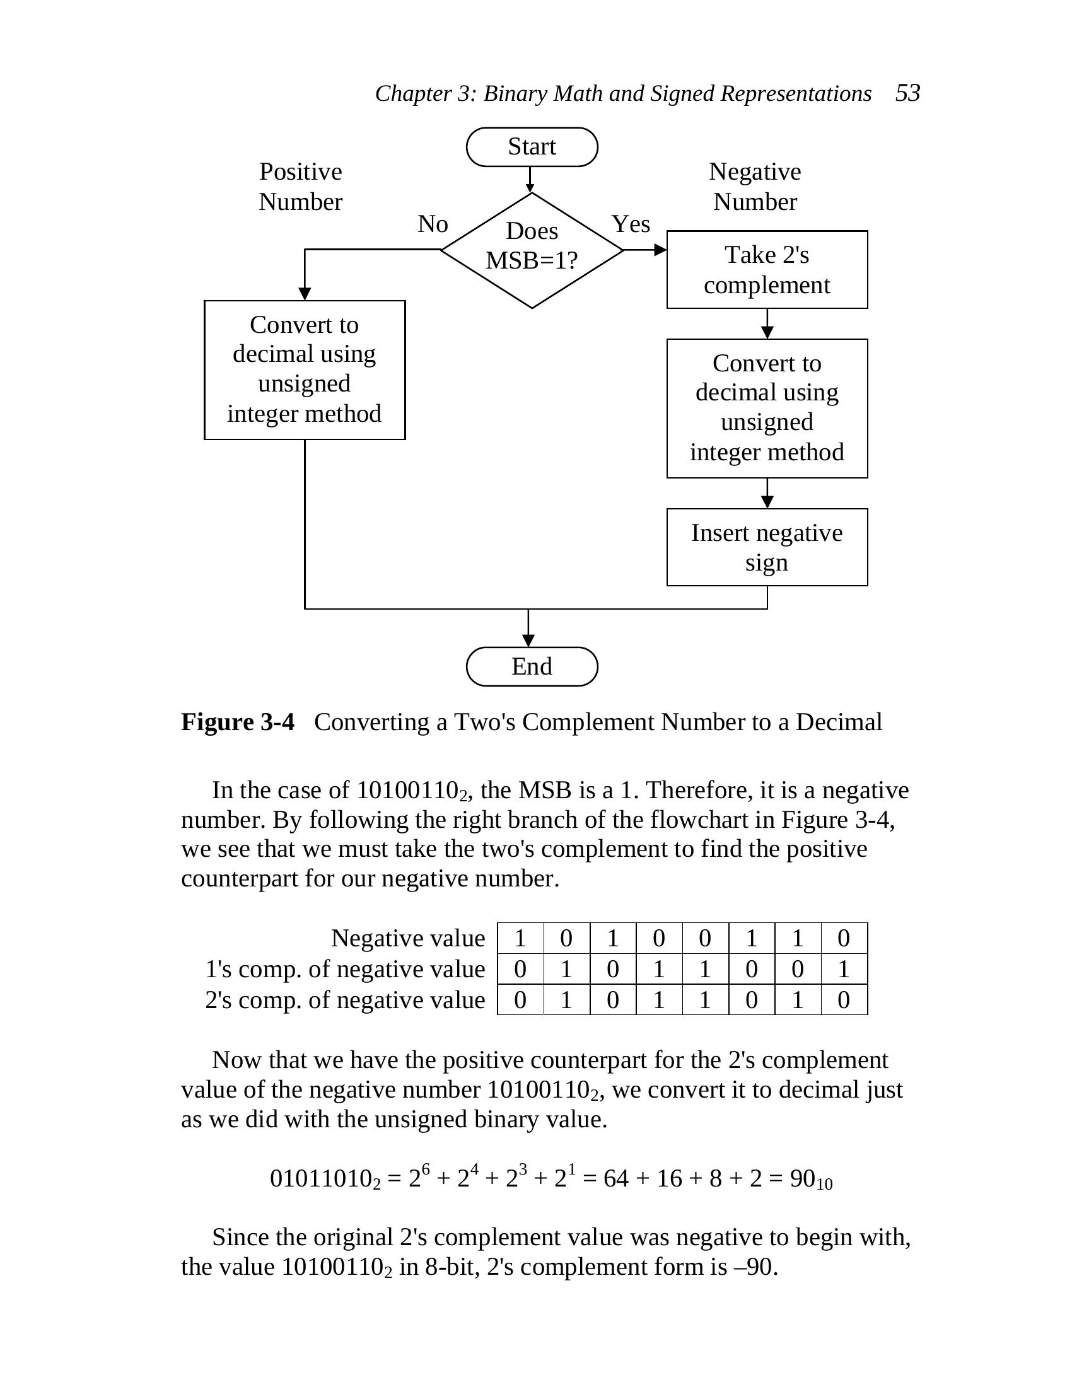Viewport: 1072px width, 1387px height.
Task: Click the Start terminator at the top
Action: [532, 147]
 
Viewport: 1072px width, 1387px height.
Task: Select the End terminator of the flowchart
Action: [532, 666]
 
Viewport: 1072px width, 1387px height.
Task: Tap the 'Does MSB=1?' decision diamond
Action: [532, 250]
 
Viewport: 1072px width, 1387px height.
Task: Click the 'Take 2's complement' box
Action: [767, 269]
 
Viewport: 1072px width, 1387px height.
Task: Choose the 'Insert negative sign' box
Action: [767, 547]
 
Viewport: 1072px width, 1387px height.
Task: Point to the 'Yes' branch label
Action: [631, 224]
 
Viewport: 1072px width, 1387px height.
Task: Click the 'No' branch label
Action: [433, 224]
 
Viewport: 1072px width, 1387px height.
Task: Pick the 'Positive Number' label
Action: [300, 186]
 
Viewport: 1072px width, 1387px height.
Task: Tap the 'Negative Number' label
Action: [754, 186]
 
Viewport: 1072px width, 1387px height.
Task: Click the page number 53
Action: [907, 93]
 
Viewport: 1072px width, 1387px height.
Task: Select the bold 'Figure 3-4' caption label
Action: [238, 722]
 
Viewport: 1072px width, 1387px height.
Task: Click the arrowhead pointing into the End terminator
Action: [528, 640]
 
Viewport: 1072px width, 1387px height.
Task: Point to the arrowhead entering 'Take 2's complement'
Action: [660, 250]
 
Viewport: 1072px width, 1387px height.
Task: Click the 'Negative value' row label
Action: [408, 938]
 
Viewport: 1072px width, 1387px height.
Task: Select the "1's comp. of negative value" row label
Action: [345, 969]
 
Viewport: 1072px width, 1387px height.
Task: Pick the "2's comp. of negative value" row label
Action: [345, 1000]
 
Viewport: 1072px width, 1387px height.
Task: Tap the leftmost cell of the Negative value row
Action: [520, 938]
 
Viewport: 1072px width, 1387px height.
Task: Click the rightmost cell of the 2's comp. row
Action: [844, 1000]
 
